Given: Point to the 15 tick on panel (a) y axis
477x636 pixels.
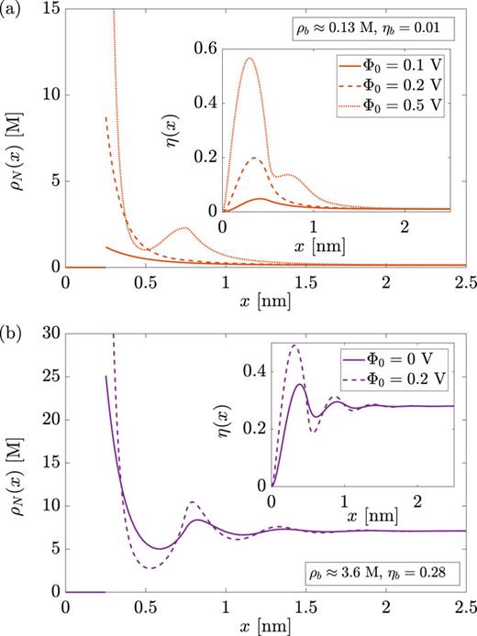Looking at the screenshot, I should click(x=50, y=8).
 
